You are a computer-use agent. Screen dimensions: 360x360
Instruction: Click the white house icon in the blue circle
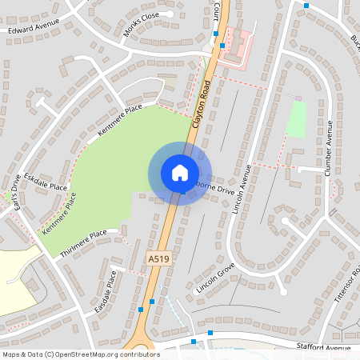180,172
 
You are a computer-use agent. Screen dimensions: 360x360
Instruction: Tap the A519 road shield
158,259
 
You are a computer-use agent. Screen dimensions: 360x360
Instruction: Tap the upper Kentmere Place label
119,118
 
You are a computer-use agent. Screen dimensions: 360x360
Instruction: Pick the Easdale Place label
106,291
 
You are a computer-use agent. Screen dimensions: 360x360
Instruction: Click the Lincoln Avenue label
242,190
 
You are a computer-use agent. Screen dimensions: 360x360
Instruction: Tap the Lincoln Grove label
215,276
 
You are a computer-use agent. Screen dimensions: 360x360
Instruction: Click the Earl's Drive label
10,192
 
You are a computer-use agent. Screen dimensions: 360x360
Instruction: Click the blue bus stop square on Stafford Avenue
210,333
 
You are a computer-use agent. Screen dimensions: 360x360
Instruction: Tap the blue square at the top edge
306,6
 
